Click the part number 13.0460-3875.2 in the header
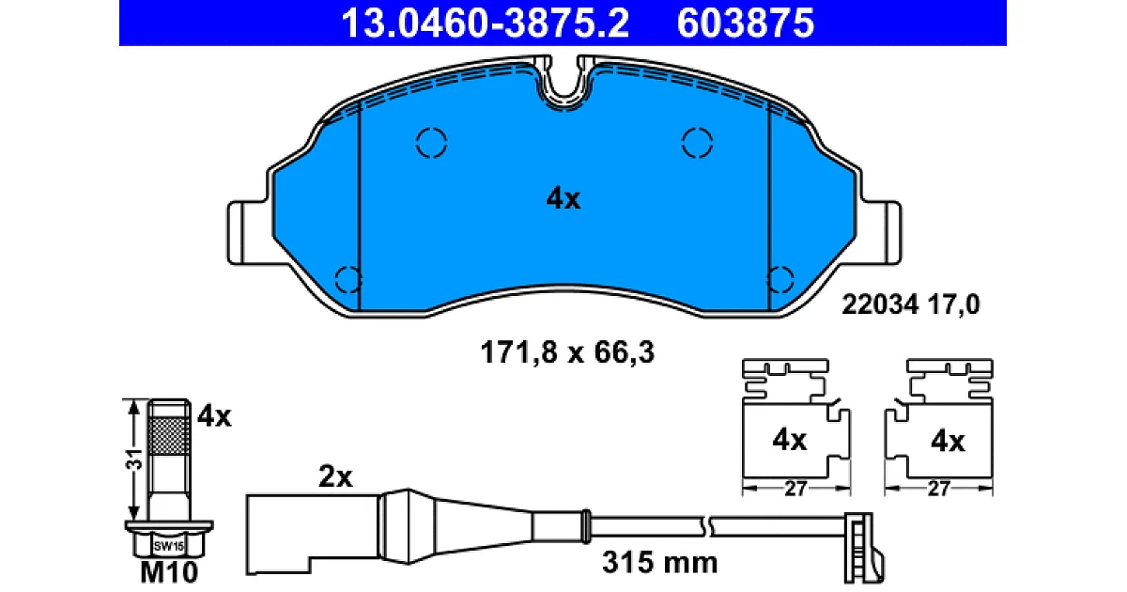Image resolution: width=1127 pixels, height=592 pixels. [485, 23]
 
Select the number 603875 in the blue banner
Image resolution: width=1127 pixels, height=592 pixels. [745, 23]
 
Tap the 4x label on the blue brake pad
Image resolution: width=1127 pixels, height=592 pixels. [563, 198]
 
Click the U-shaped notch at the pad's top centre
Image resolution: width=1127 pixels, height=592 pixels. [563, 96]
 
